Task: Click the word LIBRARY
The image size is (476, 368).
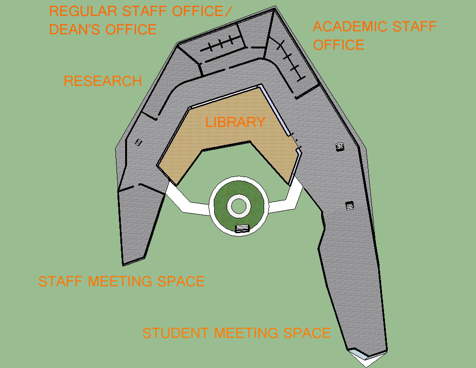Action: pos(235,122)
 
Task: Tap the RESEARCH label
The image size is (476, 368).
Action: pos(103,81)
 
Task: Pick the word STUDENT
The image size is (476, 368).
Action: pos(176,333)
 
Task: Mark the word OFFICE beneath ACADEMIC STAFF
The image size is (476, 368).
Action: pos(338,45)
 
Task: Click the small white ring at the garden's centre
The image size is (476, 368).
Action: pos(238,206)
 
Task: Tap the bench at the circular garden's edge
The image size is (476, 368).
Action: pos(242,228)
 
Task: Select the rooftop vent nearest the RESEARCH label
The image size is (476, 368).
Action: pos(139,142)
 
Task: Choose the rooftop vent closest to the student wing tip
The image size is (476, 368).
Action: pos(350,206)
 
